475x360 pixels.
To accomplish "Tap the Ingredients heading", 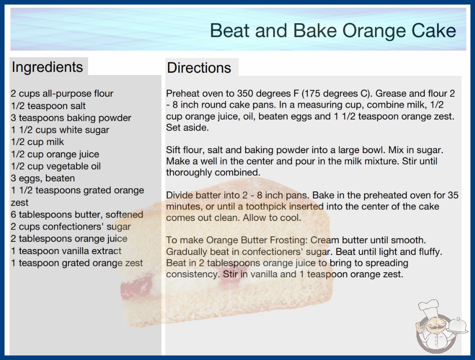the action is point(47,67).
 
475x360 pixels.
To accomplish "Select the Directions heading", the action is point(199,68).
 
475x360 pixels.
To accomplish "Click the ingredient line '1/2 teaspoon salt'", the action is point(48,106).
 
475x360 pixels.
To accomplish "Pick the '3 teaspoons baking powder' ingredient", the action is point(71,118).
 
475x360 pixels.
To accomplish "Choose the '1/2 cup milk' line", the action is point(37,142).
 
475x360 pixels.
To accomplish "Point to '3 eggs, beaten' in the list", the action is point(43,178).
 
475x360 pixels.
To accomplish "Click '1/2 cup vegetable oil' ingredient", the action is point(56,166).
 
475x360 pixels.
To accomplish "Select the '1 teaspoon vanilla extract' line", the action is point(66,251).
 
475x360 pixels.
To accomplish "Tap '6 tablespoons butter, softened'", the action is point(77,215).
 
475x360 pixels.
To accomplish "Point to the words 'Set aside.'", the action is point(187,127).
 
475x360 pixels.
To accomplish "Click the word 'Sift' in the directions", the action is point(173,150).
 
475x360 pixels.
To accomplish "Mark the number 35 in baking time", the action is point(453,195).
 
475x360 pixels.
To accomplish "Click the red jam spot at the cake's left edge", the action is point(136,286).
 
